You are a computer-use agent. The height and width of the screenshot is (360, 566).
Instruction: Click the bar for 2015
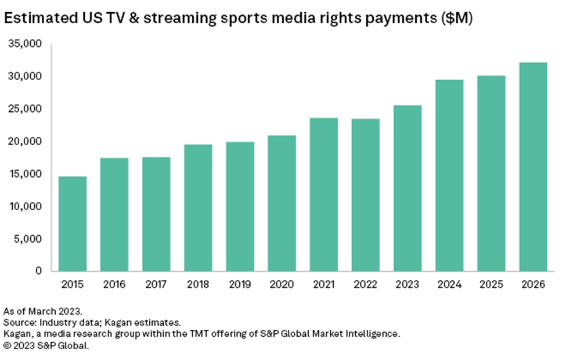(73, 224)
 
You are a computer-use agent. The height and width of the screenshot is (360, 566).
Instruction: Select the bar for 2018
(198, 208)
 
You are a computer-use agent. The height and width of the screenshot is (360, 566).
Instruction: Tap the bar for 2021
(323, 195)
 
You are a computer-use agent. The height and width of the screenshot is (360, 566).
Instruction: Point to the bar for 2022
(365, 195)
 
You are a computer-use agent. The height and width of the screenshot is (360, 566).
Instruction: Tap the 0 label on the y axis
(38, 271)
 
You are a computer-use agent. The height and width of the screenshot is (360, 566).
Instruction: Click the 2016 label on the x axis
(114, 285)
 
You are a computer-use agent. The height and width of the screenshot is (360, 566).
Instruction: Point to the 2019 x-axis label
(240, 285)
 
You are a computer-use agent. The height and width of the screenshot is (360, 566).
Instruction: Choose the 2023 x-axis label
(407, 285)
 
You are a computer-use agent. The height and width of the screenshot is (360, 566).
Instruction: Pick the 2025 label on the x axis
(491, 285)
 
